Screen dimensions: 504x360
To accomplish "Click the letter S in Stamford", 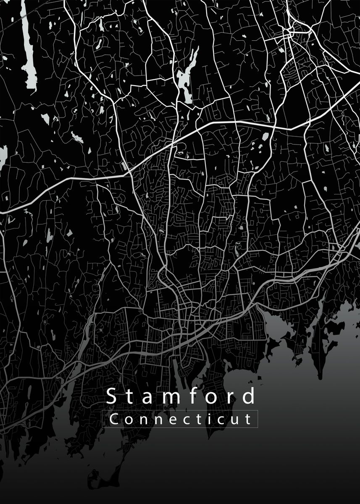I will pos(111,396).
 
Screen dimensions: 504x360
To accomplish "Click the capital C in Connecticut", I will pos(113,419).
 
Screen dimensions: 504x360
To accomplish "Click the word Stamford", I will pos(181,396).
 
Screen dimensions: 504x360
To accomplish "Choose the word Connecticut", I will pos(181,419).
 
